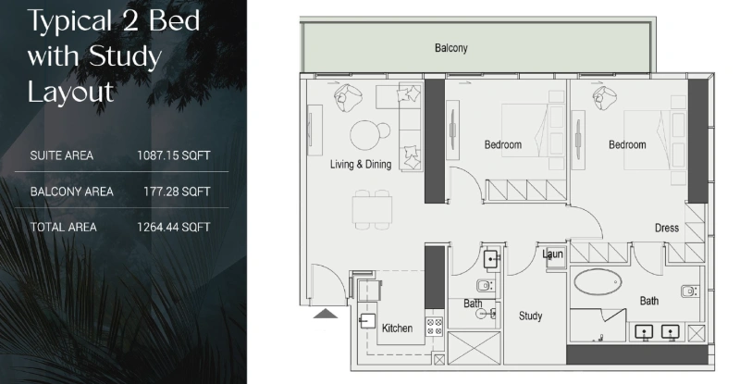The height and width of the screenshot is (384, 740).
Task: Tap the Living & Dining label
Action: [361, 165]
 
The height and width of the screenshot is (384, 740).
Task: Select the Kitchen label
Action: [397, 328]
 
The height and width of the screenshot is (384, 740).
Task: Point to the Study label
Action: [530, 316]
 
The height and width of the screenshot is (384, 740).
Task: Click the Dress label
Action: [666, 228]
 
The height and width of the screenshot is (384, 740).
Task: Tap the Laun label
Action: [553, 254]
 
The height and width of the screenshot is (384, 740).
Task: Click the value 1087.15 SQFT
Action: [174, 155]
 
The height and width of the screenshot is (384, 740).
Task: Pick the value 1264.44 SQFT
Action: [174, 227]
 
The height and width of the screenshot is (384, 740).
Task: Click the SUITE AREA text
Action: [62, 155]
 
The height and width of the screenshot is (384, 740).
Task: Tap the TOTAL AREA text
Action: [63, 227]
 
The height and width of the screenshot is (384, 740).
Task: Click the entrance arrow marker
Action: [326, 314]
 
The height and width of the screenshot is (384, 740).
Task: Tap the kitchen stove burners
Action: [434, 325]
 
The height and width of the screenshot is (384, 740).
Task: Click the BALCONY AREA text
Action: [72, 192]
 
